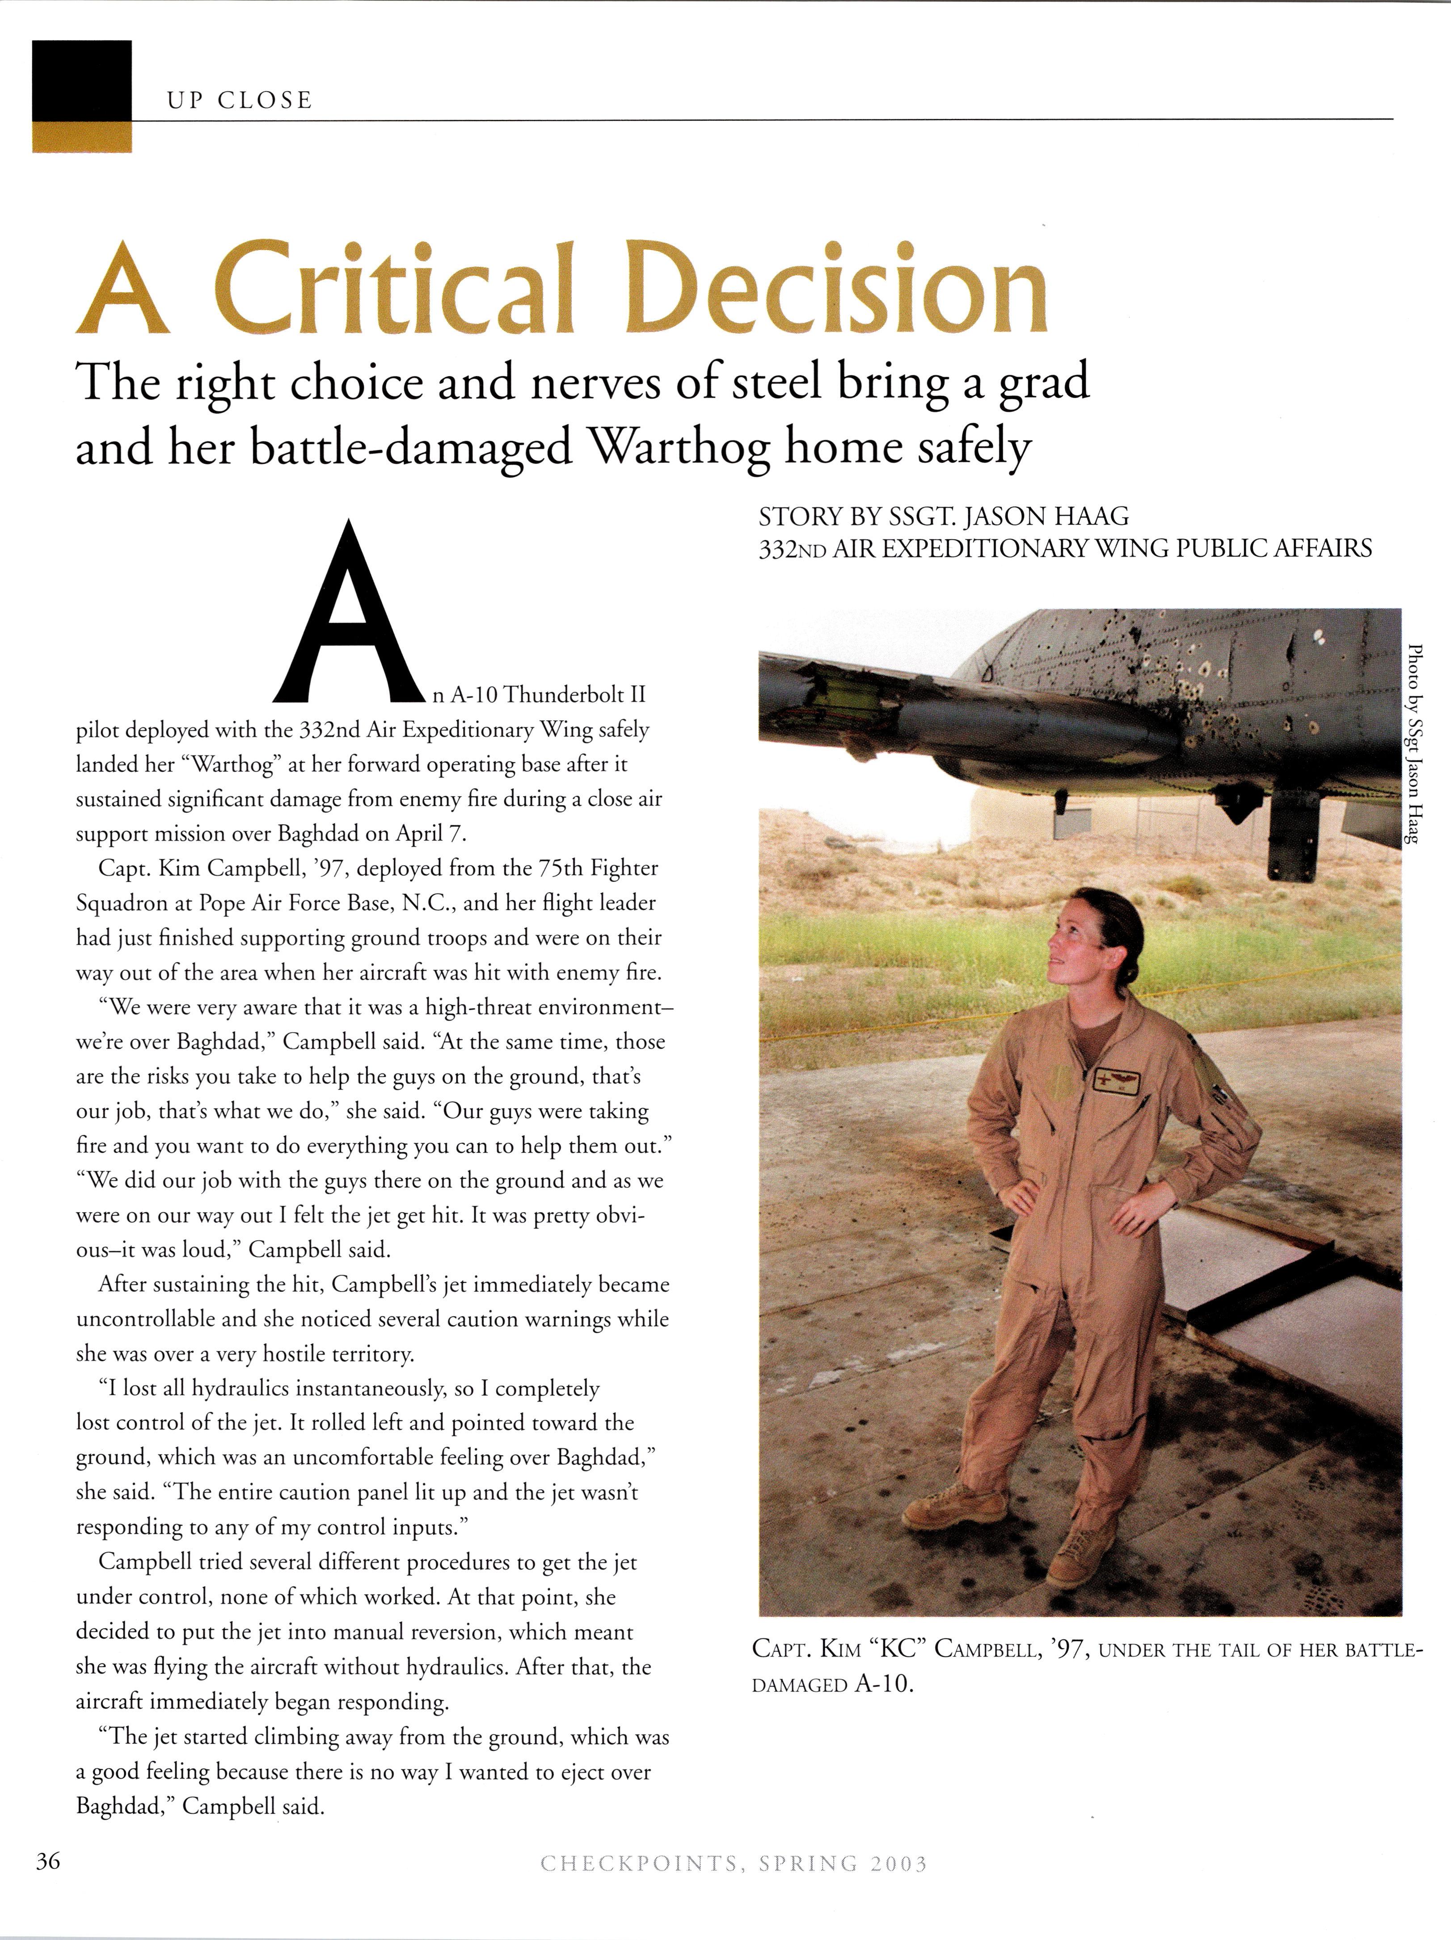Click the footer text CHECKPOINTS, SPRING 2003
coord(734,1887)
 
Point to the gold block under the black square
coord(82,137)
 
